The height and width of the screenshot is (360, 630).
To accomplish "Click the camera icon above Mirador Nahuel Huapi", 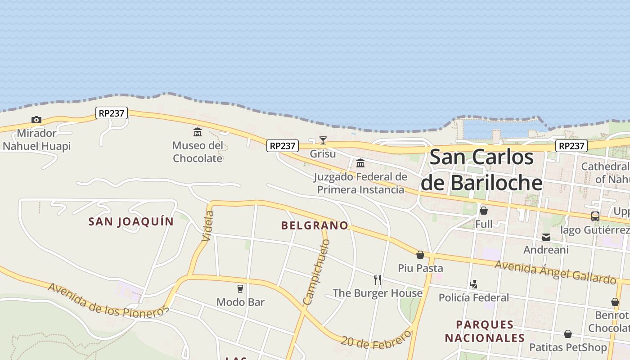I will point(36,120).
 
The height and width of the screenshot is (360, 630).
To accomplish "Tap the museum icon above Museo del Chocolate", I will point(198,132).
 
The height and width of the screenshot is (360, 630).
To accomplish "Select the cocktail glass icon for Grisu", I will point(323,140).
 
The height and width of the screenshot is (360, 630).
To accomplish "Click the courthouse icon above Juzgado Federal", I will point(360,163).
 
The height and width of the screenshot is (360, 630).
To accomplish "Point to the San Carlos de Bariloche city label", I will point(481,170).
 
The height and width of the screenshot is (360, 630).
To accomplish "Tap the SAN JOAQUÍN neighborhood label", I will point(131,221).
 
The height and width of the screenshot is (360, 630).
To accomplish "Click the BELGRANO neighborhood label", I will point(315,225).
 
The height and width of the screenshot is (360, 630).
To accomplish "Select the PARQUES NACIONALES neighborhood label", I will point(485,331).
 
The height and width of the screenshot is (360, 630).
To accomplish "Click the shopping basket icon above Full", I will point(484,210).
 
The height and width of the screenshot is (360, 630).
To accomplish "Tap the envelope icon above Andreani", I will point(546,237).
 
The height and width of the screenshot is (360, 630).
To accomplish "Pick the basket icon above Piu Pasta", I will point(420,255).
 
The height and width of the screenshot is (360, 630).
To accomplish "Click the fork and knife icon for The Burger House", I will point(378,279).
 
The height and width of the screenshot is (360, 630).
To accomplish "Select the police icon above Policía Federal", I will point(473,284).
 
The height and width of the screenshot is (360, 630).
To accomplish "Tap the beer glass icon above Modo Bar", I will point(240,288).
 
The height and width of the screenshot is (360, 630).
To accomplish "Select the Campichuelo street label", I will point(317,272).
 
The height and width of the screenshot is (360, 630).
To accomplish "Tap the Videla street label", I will point(207,226).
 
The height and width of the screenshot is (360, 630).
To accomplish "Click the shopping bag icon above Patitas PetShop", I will point(568,334).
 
